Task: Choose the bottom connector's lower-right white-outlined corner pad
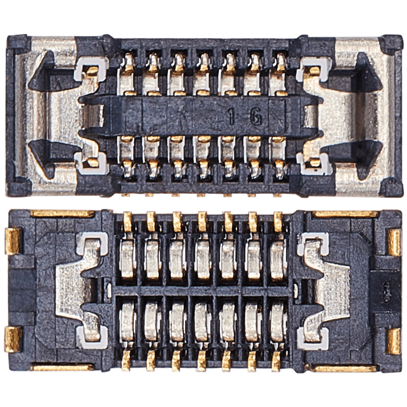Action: coord(312,333)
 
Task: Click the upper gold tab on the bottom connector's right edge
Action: coord(393,239)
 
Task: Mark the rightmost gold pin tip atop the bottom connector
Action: coord(278,220)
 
